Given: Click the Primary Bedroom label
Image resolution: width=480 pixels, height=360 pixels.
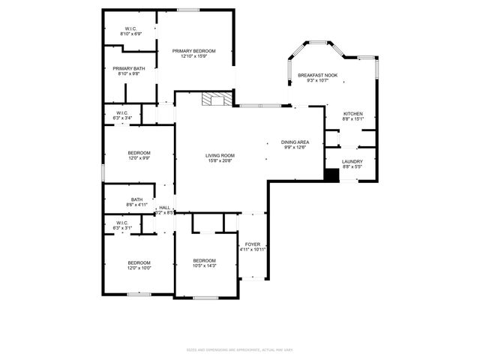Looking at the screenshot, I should click(x=193, y=51).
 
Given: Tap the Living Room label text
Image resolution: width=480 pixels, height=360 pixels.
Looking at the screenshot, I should click(x=220, y=155).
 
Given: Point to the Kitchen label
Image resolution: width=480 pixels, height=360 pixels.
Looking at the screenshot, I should click(x=352, y=113).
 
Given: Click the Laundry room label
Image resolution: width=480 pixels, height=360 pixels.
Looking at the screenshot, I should click(x=352, y=161).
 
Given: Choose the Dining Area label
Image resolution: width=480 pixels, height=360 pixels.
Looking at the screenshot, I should click(x=295, y=142).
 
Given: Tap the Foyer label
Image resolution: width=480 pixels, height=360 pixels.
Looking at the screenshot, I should click(x=252, y=244).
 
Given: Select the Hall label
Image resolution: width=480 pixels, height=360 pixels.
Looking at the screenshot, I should click(x=164, y=208).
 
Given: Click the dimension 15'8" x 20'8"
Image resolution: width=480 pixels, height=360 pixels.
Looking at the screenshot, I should click(x=220, y=160).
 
